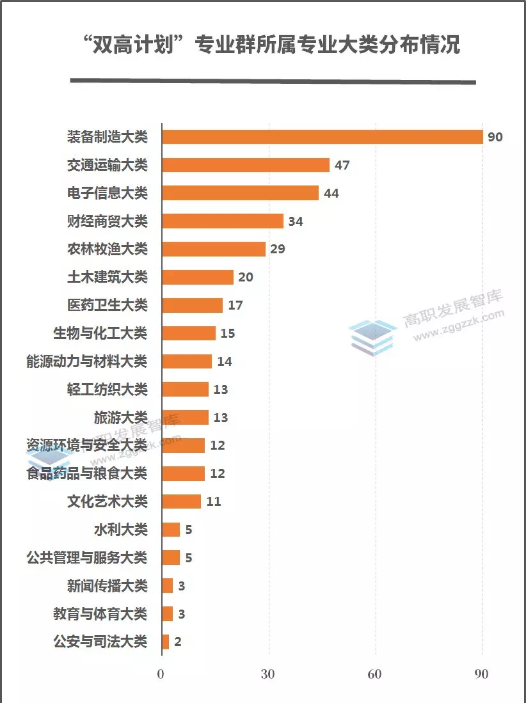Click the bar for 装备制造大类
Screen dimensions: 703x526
(322, 137)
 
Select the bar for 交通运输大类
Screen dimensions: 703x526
(246, 165)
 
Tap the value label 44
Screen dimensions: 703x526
(331, 193)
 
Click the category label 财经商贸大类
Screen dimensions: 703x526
(108, 221)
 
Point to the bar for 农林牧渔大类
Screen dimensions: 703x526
(214, 249)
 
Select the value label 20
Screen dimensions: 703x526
(246, 277)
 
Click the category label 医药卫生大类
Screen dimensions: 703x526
(108, 305)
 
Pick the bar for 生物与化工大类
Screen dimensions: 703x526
(189, 333)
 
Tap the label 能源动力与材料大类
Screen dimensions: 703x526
(87, 361)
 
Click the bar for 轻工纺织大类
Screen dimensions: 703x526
(185, 389)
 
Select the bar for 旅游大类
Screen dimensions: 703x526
(185, 417)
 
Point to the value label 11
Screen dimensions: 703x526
(214, 502)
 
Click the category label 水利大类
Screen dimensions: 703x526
(121, 530)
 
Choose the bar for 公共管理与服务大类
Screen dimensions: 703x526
(171, 558)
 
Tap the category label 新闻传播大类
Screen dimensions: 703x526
(108, 585)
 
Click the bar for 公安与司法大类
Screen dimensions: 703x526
(166, 642)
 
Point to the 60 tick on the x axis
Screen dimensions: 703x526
(375, 675)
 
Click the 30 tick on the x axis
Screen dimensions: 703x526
(268, 675)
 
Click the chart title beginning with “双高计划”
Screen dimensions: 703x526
(271, 45)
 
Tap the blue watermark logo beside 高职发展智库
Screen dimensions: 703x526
(372, 336)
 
